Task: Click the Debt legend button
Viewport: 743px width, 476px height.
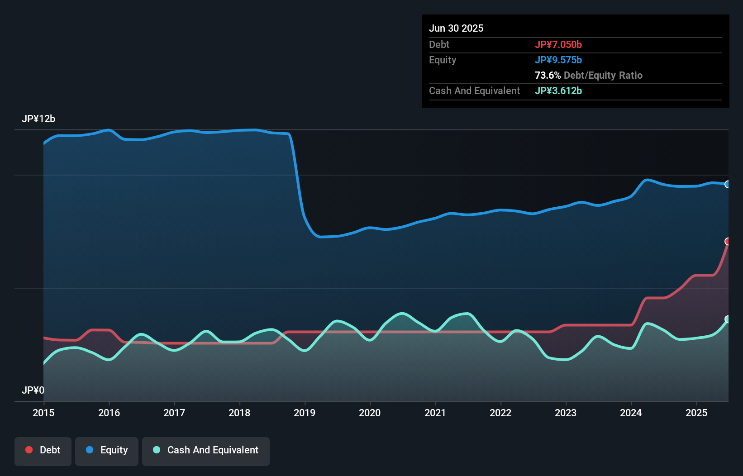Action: (43, 451)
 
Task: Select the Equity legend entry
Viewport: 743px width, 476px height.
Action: (107, 451)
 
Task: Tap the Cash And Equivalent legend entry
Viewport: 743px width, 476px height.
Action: (206, 451)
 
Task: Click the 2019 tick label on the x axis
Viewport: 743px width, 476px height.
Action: (305, 413)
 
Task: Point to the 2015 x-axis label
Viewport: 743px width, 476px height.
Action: (43, 413)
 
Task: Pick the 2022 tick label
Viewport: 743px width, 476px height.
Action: (500, 413)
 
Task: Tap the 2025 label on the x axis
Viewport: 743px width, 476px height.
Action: (696, 413)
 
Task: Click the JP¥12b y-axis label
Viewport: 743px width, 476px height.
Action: (38, 119)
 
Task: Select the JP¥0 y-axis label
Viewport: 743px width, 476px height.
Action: (33, 390)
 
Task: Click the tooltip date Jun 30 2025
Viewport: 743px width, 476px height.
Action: (456, 29)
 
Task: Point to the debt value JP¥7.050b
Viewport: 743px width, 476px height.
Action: (558, 44)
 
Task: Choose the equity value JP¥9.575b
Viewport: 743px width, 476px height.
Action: (558, 60)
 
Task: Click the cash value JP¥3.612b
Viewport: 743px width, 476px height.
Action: (558, 90)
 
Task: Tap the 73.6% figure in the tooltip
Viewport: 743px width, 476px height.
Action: (548, 75)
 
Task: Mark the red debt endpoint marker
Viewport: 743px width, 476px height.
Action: (728, 241)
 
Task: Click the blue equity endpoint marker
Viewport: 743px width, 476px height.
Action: (728, 184)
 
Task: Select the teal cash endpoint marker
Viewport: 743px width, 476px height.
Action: (728, 319)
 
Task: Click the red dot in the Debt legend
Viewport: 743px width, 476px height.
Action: (29, 450)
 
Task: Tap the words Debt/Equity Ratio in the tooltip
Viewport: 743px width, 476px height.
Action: (603, 75)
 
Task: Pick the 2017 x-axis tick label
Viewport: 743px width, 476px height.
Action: (174, 413)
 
